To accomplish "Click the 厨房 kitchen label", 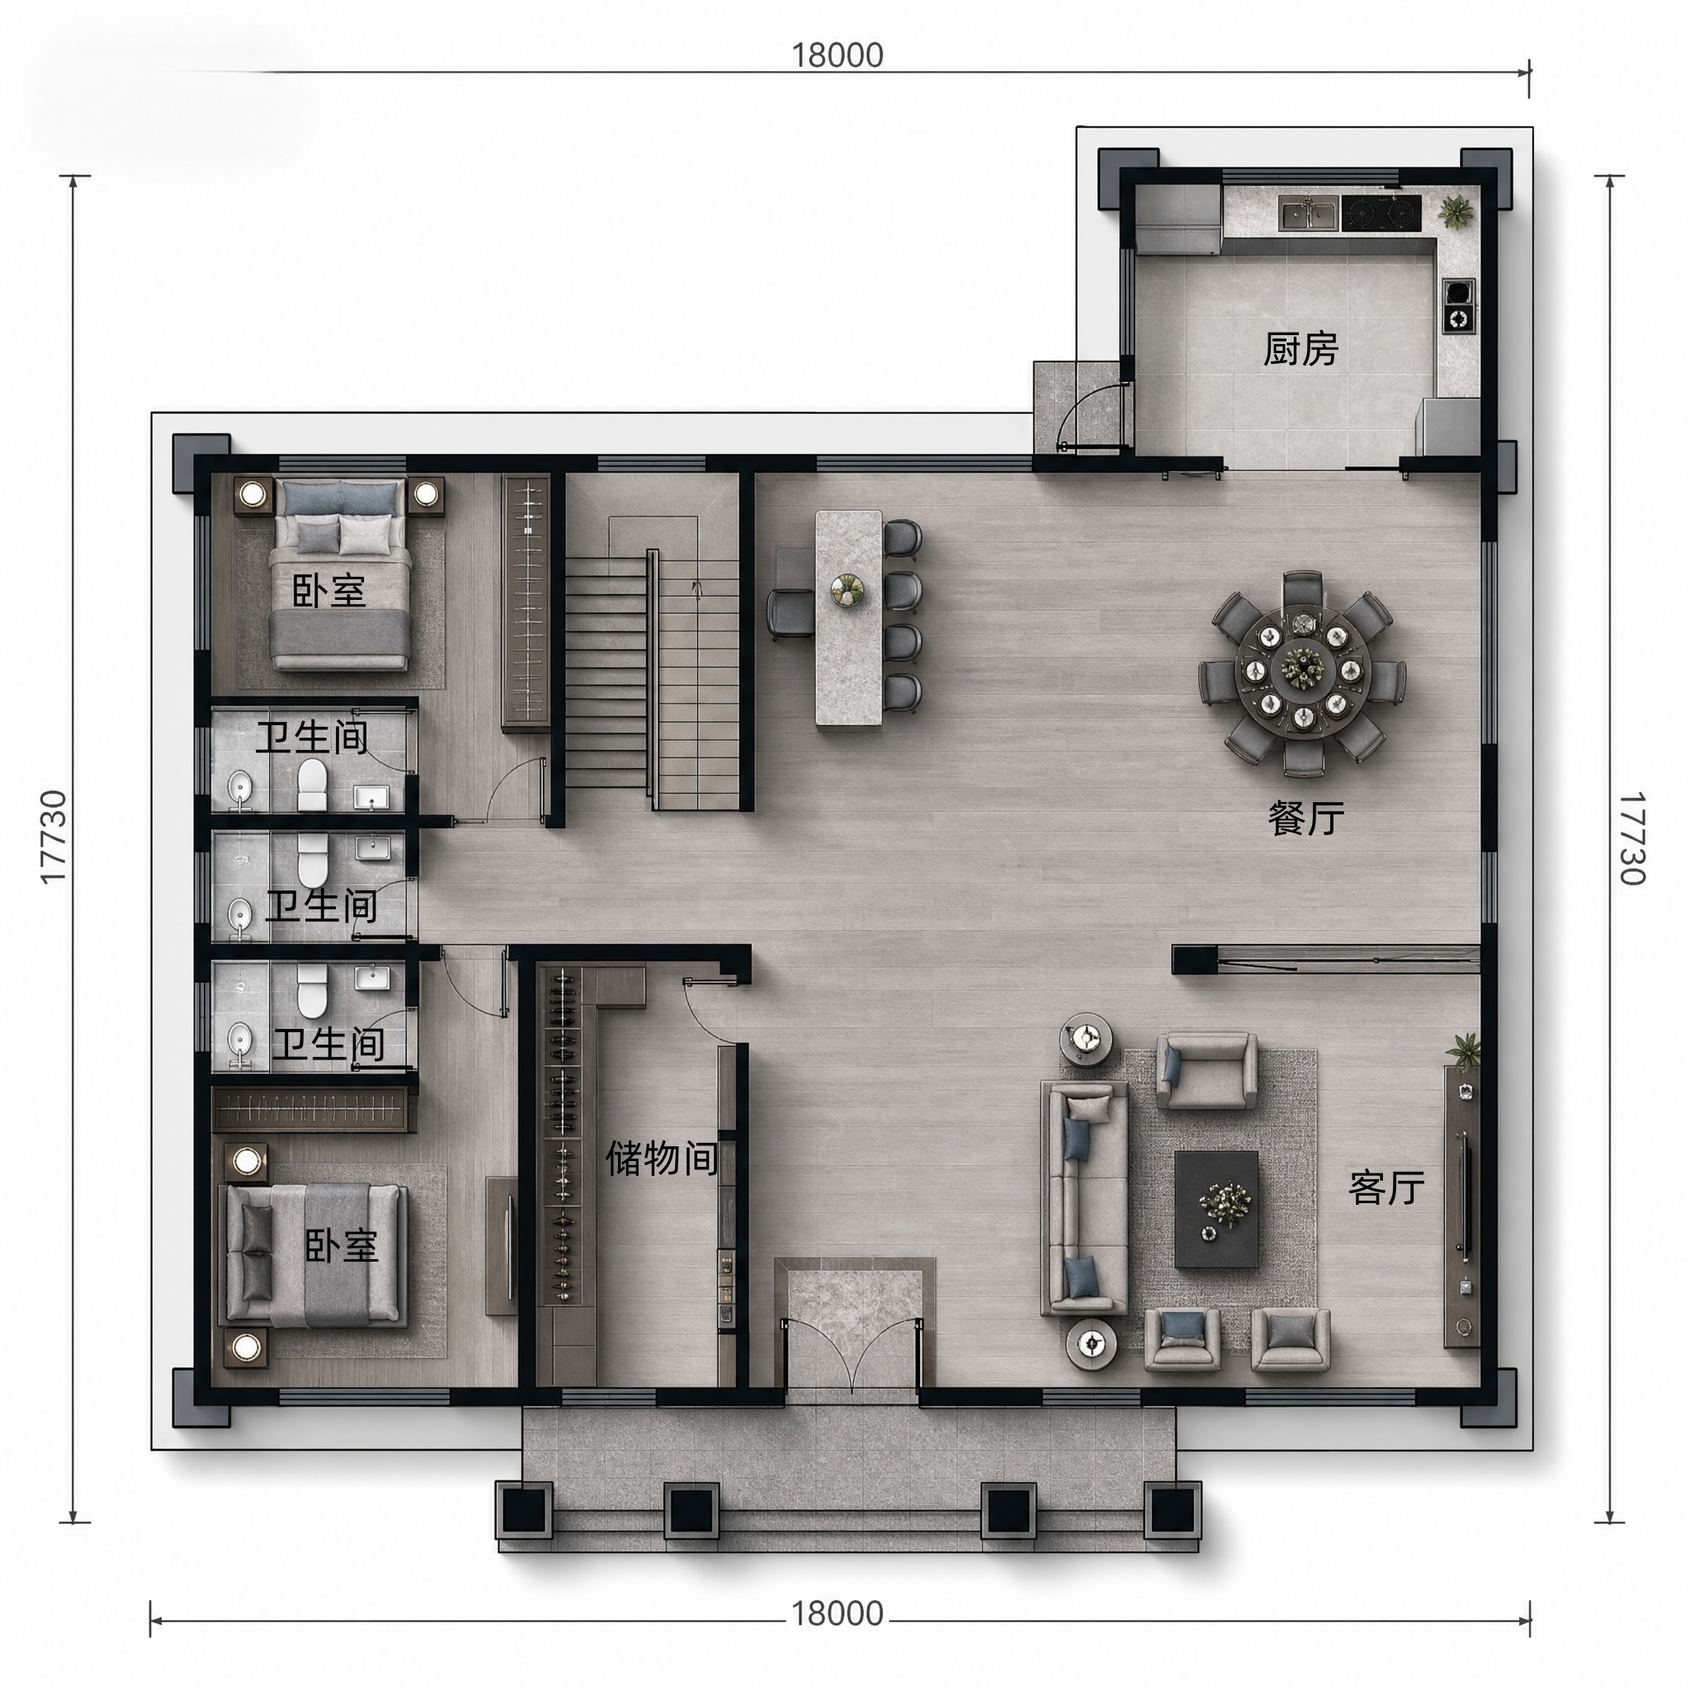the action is tap(1300, 350).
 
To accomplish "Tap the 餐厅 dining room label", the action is tap(1306, 818).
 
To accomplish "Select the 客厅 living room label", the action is tap(1386, 1187).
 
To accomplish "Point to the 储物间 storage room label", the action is tap(661, 1158).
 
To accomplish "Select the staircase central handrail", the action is tap(652, 679).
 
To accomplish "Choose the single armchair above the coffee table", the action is tap(1207, 1070).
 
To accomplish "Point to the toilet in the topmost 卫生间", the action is tap(311, 784).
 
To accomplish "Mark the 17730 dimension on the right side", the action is tap(1632, 838).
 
